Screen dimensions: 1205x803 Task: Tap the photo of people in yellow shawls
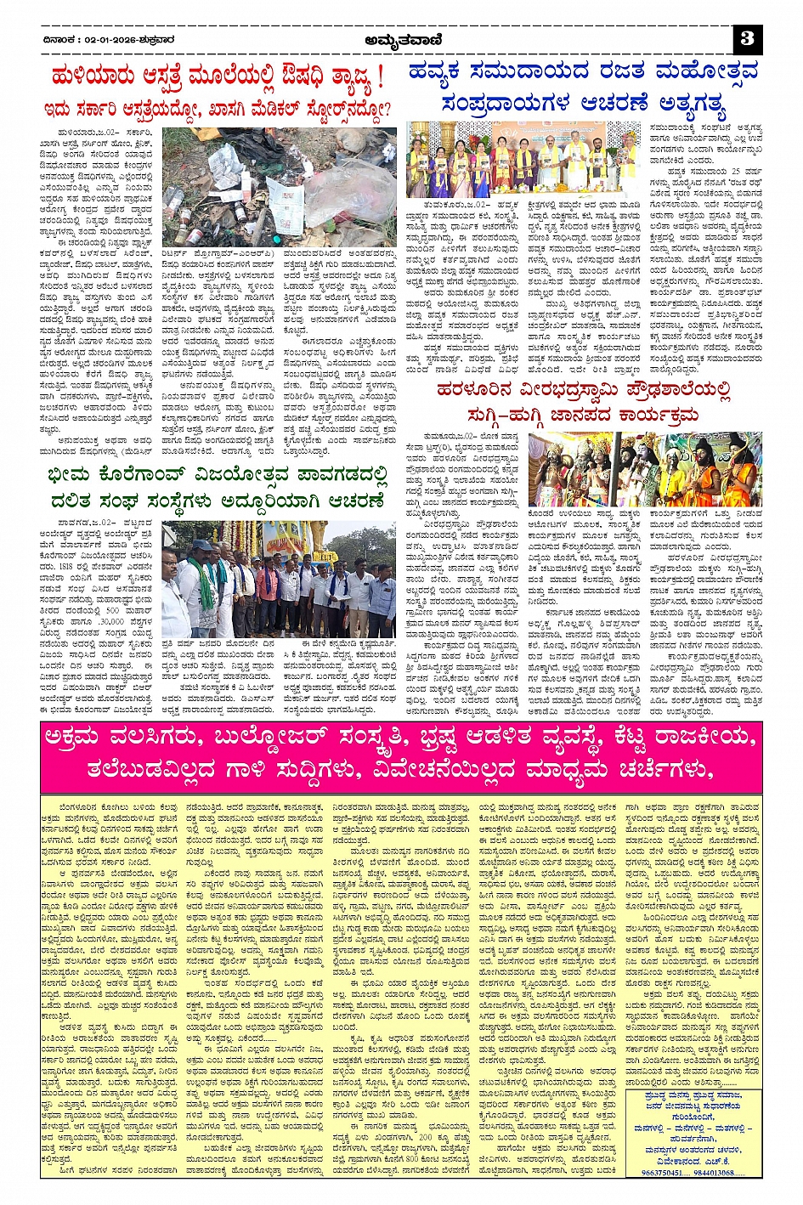(x=521, y=159)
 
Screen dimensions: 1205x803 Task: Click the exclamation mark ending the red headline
(x=379, y=79)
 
